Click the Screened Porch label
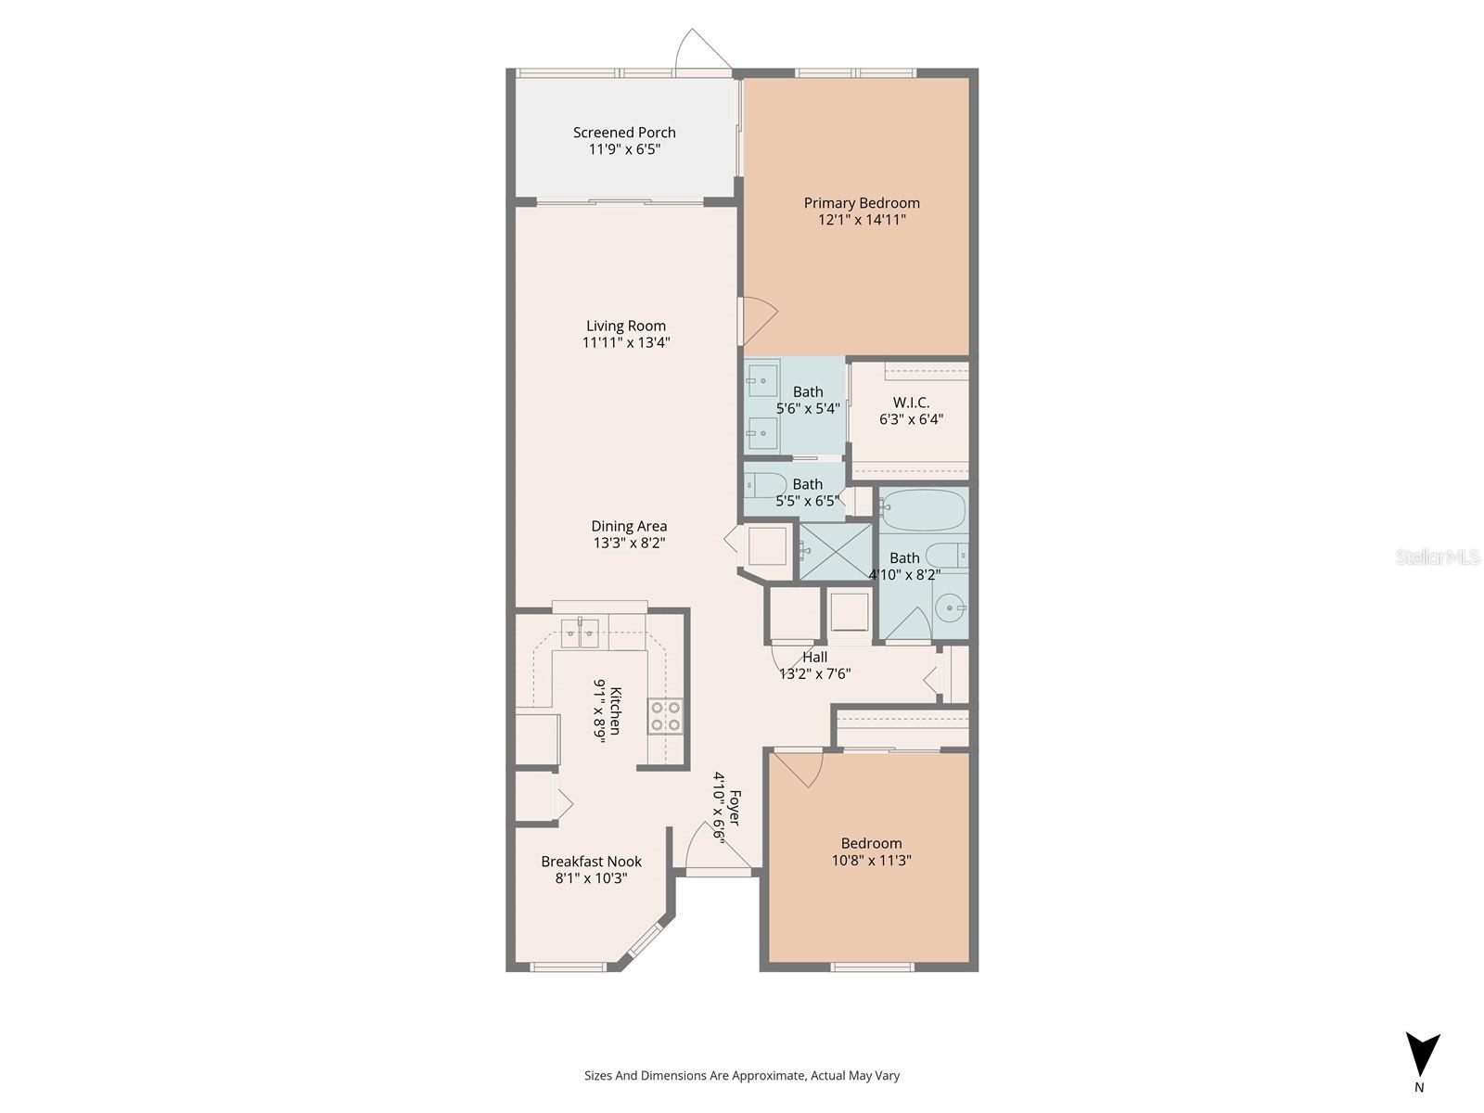[624, 133]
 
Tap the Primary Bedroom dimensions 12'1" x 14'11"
[862, 220]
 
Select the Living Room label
[626, 326]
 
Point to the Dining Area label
[629, 526]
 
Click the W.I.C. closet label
[911, 403]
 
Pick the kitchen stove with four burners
[666, 716]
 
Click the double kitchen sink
[580, 633]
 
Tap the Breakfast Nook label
[592, 862]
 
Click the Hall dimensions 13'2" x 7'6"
[815, 674]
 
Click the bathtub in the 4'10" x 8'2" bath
[923, 511]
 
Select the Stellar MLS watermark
[1439, 556]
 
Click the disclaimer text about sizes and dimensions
[742, 1076]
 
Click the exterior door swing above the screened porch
[701, 50]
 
